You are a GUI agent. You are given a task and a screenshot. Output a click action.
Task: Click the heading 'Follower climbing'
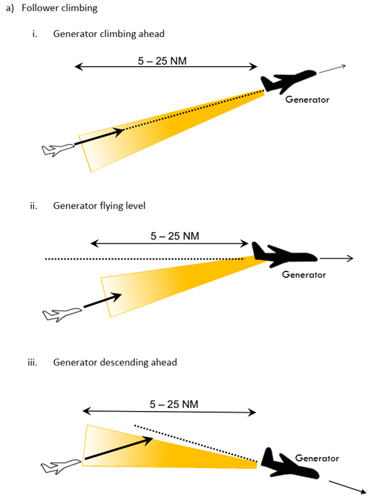59,7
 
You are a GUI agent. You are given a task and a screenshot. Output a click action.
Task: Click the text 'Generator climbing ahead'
109,33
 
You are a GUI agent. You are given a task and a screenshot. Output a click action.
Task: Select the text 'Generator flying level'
99,205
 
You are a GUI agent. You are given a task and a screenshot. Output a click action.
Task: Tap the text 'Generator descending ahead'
115,362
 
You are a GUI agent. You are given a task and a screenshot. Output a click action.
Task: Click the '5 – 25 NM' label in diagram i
162,61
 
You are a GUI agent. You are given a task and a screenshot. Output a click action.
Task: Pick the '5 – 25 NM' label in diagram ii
175,236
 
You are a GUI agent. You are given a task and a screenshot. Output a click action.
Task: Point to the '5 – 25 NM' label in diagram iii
174,404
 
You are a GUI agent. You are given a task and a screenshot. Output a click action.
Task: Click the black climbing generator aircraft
287,81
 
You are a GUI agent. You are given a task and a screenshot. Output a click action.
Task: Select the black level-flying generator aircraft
283,255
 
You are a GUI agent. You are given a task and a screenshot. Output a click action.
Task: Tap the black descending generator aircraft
289,463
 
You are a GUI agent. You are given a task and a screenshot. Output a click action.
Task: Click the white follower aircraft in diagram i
57,149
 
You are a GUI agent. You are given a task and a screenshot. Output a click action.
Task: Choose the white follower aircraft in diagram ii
62,314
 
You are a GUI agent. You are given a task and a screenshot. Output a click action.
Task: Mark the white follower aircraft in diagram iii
61,466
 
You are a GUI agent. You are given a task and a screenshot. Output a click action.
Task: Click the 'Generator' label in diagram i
307,100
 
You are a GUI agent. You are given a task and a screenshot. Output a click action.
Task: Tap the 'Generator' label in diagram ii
304,274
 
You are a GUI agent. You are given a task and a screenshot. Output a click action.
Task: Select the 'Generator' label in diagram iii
317,458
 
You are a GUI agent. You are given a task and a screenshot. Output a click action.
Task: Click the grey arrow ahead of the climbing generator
332,69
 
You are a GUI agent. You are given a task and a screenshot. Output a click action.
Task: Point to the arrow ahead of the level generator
337,258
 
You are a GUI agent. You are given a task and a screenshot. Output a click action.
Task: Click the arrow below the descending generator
347,487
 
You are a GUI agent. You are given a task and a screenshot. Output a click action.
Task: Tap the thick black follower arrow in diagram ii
102,300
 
